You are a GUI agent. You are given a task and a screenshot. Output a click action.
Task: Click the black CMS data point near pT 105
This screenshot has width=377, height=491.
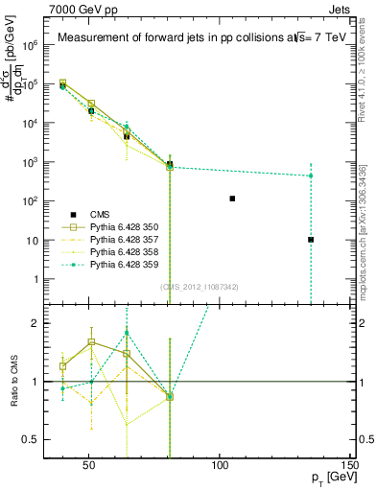tap(232, 199)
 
